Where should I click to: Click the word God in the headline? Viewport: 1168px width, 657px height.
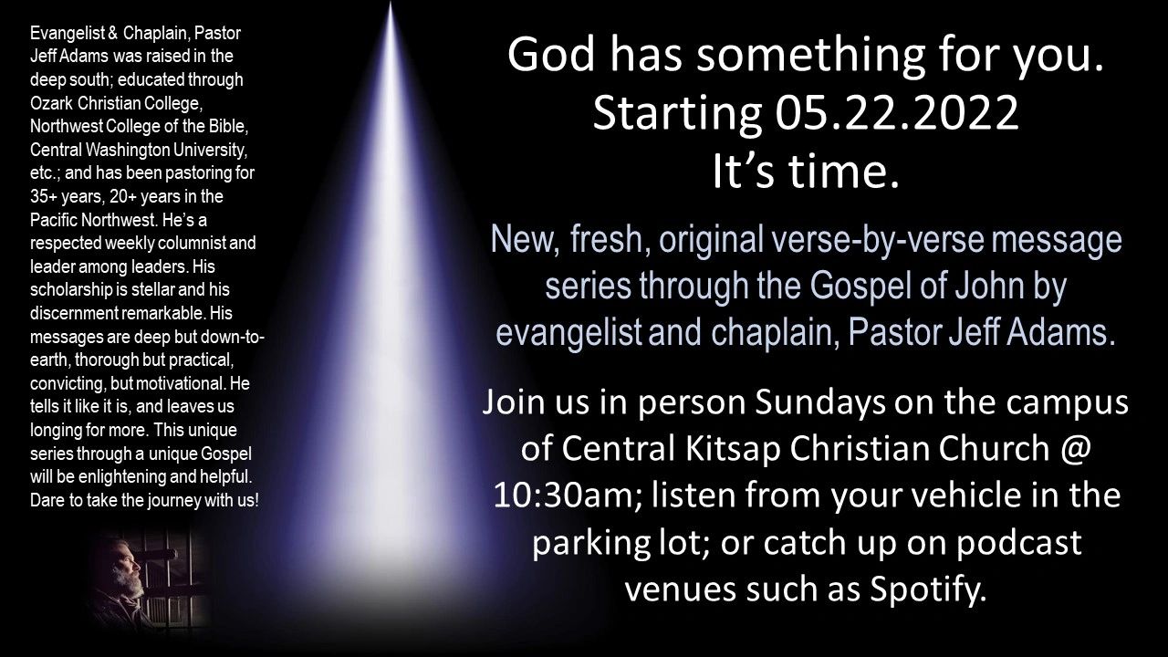tap(552, 54)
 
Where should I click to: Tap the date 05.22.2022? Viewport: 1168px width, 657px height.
tap(897, 113)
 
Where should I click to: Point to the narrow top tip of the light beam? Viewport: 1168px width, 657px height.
tap(390, 3)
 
